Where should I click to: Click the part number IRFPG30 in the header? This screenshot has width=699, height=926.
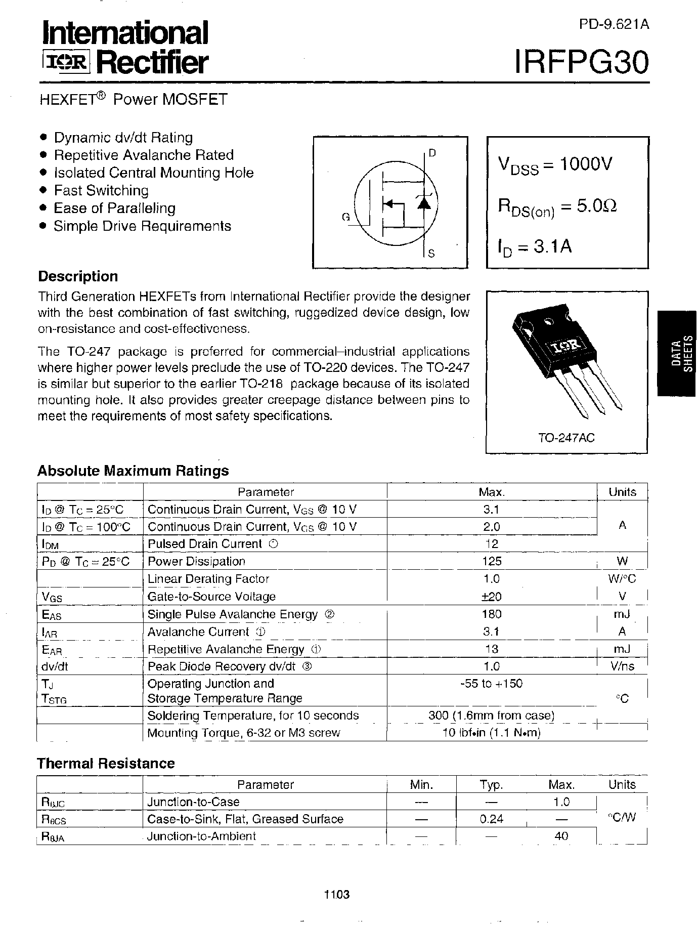(x=581, y=62)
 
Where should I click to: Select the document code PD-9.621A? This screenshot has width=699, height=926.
(x=614, y=24)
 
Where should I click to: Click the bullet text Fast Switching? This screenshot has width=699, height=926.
(x=101, y=190)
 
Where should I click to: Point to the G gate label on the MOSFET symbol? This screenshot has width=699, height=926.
(x=346, y=217)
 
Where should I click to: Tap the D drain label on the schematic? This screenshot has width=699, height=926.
(x=432, y=153)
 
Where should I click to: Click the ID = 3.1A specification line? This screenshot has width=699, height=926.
(x=535, y=246)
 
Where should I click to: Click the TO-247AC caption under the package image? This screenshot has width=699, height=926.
(x=566, y=437)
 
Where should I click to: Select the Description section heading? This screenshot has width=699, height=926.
(x=78, y=276)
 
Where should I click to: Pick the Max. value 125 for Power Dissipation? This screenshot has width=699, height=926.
(x=492, y=561)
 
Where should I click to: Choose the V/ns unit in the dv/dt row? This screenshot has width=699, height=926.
(x=622, y=666)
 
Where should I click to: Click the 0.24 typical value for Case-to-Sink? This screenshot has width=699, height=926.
(x=491, y=819)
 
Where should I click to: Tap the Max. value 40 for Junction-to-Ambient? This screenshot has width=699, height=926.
(x=561, y=836)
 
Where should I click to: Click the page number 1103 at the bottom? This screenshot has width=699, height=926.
(x=337, y=894)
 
